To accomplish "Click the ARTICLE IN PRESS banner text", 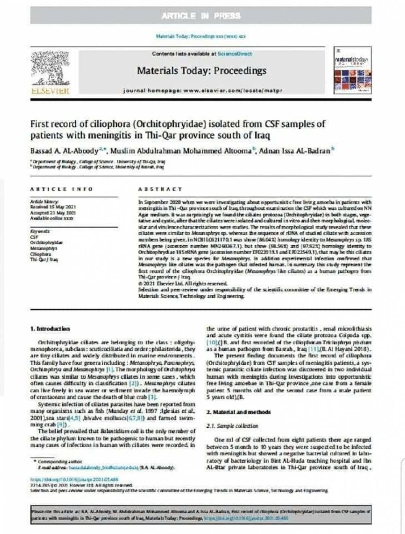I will [x=201, y=16].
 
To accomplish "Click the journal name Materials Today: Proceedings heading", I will [x=201, y=71].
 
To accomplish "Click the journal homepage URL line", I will [x=202, y=90].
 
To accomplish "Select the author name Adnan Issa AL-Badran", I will [x=294, y=151].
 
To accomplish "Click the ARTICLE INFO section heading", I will [x=62, y=189].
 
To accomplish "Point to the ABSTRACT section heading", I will [x=160, y=189].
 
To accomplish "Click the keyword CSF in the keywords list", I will [x=34, y=237].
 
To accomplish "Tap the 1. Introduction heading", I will [x=50, y=328].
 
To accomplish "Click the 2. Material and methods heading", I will [x=238, y=412].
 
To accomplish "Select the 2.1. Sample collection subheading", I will [x=232, y=426].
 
